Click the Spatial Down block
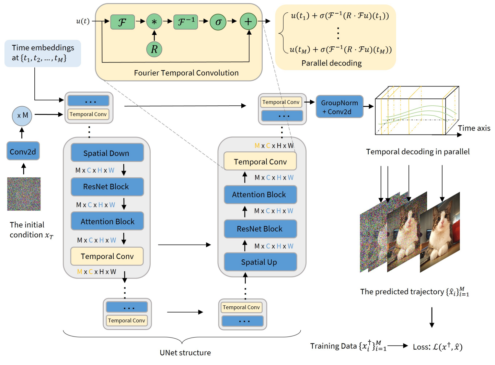click(x=107, y=153)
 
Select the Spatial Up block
click(x=260, y=262)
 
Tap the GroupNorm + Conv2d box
click(x=339, y=107)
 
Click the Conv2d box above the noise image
click(x=23, y=151)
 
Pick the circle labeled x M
click(x=22, y=116)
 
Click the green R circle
click(x=154, y=49)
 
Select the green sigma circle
click(x=218, y=22)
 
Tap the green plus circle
click(x=248, y=21)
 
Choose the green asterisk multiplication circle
click(x=154, y=21)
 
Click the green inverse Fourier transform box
click(x=185, y=22)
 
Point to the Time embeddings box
click(x=43, y=53)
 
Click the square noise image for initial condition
click(x=24, y=194)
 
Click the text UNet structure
click(x=185, y=353)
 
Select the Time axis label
click(x=474, y=128)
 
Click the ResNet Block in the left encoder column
click(x=107, y=187)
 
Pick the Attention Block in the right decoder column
click(x=260, y=195)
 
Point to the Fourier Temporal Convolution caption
click(x=186, y=73)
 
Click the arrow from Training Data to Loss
click(x=398, y=346)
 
